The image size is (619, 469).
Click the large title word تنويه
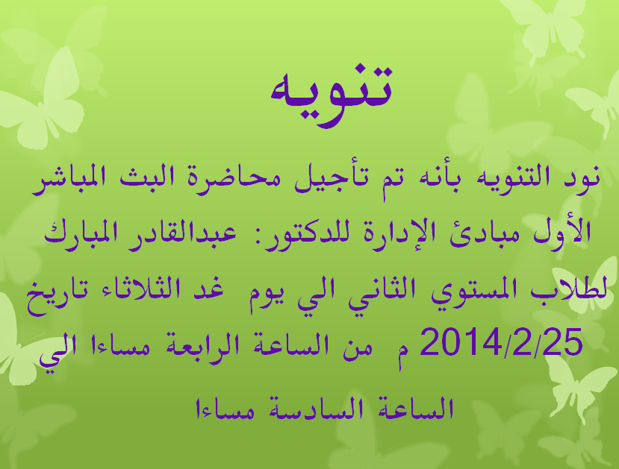click(x=332, y=97)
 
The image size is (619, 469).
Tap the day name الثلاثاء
click(x=134, y=289)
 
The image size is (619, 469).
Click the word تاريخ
click(x=57, y=294)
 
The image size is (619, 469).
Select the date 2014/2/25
click(x=501, y=341)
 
